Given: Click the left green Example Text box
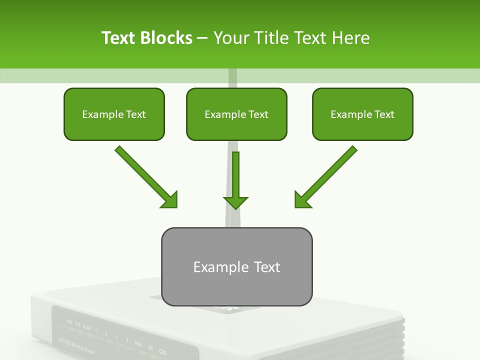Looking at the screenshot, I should [114, 114].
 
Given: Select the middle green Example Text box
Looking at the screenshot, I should [236, 114].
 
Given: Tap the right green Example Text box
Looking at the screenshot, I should [362, 114].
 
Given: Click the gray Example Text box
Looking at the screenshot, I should [236, 266].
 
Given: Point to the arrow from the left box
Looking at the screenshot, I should [146, 177].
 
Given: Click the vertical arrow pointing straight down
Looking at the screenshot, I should [236, 180].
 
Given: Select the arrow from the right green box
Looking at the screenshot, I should [326, 177].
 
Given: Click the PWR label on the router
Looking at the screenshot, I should [69, 320].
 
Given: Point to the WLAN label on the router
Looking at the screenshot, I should [86, 327].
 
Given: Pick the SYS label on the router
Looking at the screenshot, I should [77, 323].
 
